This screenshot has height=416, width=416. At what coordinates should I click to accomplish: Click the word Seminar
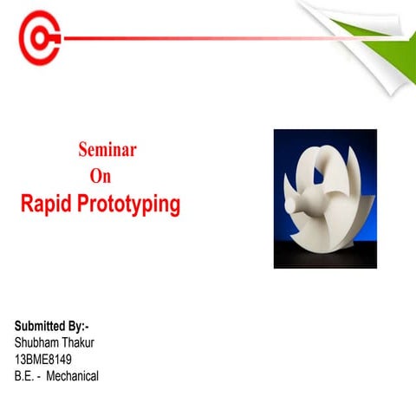(x=107, y=149)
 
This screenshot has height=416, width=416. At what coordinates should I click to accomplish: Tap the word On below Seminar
(x=101, y=177)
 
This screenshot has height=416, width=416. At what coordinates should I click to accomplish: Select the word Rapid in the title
(x=48, y=205)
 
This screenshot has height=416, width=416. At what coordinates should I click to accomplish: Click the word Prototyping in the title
(x=130, y=206)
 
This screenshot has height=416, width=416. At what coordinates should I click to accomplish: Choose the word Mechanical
(x=73, y=376)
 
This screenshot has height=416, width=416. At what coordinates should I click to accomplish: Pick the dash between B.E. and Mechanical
(x=40, y=376)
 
